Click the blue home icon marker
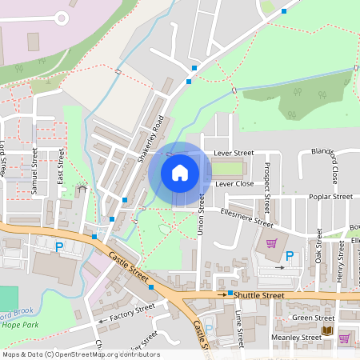click(180, 172)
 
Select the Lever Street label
click(233, 152)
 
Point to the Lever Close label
click(234, 183)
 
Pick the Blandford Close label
click(335, 164)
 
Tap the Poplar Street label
click(332, 196)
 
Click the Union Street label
click(201, 215)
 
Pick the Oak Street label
click(318, 246)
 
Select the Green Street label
click(313, 318)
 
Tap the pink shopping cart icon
click(271, 243)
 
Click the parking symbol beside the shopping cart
click(290, 256)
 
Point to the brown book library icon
click(326, 330)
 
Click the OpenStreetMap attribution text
click(80, 354)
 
